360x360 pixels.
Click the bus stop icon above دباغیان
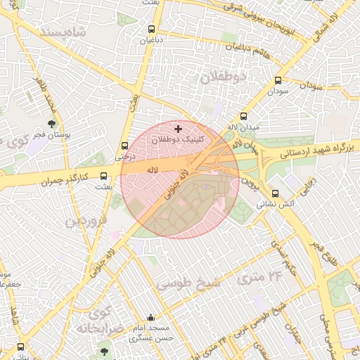click(151, 29)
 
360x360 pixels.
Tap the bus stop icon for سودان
click(278, 81)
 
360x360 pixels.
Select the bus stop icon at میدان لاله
click(244, 117)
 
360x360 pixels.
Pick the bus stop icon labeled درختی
click(125, 146)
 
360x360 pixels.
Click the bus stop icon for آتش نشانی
click(275, 193)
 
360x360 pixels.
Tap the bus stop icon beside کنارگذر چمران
click(104, 176)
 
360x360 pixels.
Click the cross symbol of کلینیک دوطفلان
click(178, 129)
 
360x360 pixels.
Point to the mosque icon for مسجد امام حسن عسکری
click(150, 318)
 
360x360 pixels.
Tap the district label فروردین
click(86, 221)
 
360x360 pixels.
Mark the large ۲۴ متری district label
click(259, 277)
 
